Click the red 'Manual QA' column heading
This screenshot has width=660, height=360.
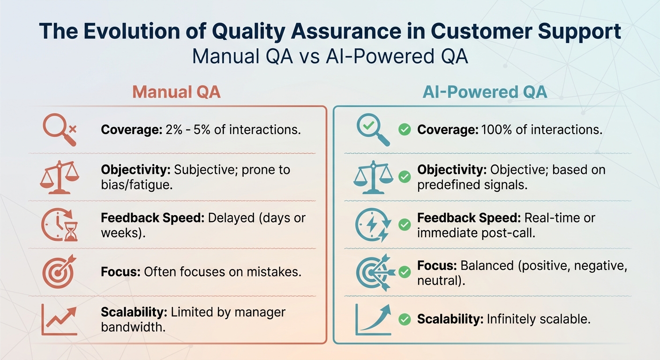pyautogui.click(x=176, y=92)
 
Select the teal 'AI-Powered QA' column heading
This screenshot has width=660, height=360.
pyautogui.click(x=485, y=92)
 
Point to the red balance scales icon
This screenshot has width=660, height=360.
pyautogui.click(x=60, y=177)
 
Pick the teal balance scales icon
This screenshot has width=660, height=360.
pyautogui.click(x=373, y=177)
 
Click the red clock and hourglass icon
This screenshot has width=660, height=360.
pyautogui.click(x=60, y=225)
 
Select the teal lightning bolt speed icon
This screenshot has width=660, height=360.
pyautogui.click(x=373, y=225)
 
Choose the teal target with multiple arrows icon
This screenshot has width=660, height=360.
pyautogui.click(x=373, y=272)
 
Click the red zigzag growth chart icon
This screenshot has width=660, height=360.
pyautogui.click(x=60, y=319)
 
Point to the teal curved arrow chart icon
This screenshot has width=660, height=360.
pyautogui.click(x=373, y=319)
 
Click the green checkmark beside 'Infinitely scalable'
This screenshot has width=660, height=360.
pyautogui.click(x=404, y=320)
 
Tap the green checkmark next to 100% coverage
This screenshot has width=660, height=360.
pyautogui.click(x=404, y=130)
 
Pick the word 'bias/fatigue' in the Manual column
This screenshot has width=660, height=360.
pyautogui.click(x=134, y=185)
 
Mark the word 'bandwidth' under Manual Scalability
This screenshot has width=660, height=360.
pyautogui.click(x=133, y=327)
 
